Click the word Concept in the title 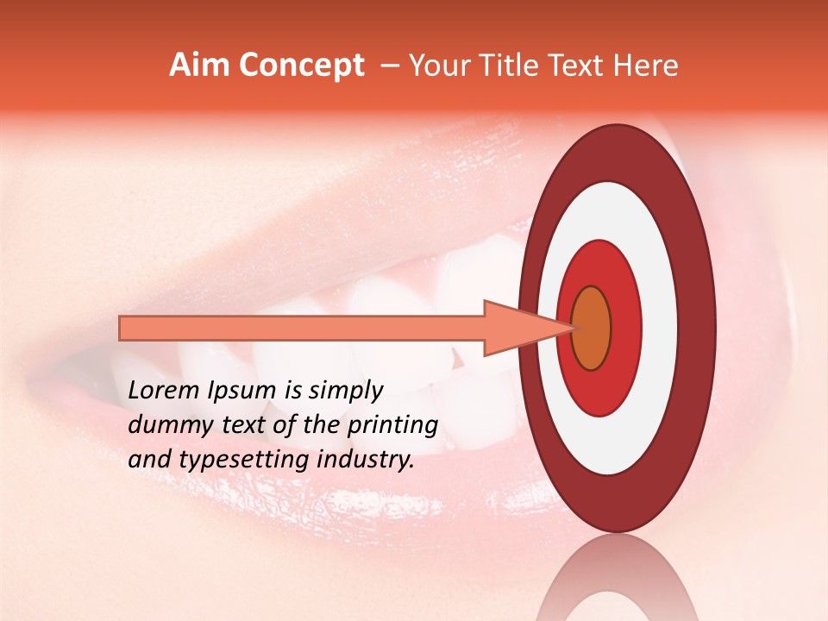click(302, 66)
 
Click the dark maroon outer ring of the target click(697, 329)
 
